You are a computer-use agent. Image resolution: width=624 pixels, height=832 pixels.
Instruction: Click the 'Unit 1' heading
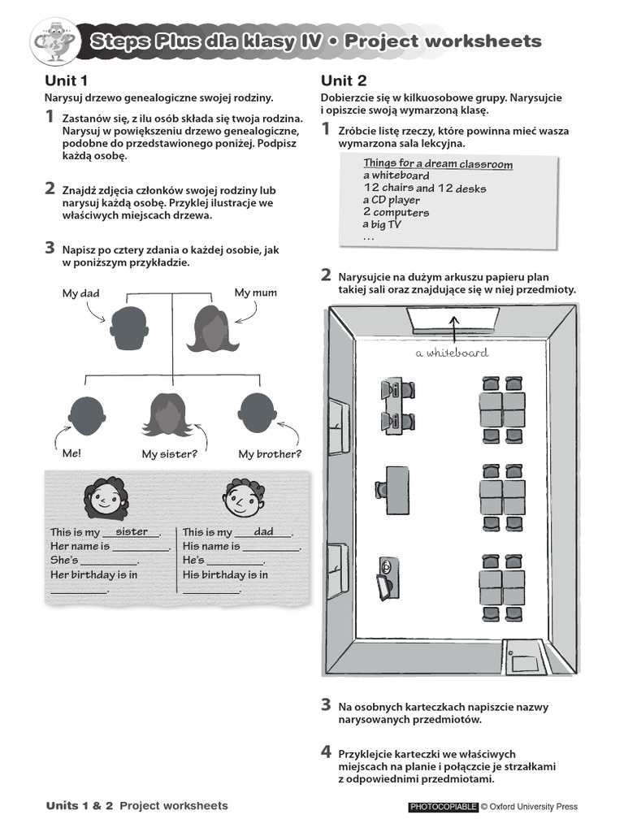[x=66, y=80]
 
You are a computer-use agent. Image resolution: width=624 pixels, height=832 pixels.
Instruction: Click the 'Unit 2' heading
[x=343, y=80]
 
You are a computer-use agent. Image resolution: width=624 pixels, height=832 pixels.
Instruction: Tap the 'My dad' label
[x=80, y=293]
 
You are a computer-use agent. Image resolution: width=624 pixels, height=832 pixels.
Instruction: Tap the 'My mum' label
[x=255, y=292]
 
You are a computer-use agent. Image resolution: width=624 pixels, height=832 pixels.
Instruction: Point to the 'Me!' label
[x=71, y=454]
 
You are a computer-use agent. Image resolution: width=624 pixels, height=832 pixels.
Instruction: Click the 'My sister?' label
[x=171, y=454]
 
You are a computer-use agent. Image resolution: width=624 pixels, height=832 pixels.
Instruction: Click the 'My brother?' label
[x=270, y=454]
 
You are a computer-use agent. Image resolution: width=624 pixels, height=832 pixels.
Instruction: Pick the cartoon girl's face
[x=103, y=499]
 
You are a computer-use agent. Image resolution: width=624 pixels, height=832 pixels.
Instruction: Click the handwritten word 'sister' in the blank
[x=132, y=531]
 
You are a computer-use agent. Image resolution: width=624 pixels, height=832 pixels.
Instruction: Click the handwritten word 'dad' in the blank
[x=264, y=531]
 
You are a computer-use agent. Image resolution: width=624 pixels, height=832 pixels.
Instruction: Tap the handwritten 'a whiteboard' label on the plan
[x=452, y=353]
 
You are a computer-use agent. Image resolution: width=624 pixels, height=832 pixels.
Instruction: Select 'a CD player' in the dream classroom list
[x=392, y=200]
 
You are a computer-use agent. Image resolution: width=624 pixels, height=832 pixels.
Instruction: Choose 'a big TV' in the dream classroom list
[x=383, y=225]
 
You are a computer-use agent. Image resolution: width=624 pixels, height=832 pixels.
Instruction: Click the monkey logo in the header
[x=54, y=43]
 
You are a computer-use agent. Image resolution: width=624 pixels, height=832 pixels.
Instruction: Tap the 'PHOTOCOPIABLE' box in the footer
[x=442, y=807]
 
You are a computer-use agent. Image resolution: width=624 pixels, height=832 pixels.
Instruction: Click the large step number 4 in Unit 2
[x=326, y=752]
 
